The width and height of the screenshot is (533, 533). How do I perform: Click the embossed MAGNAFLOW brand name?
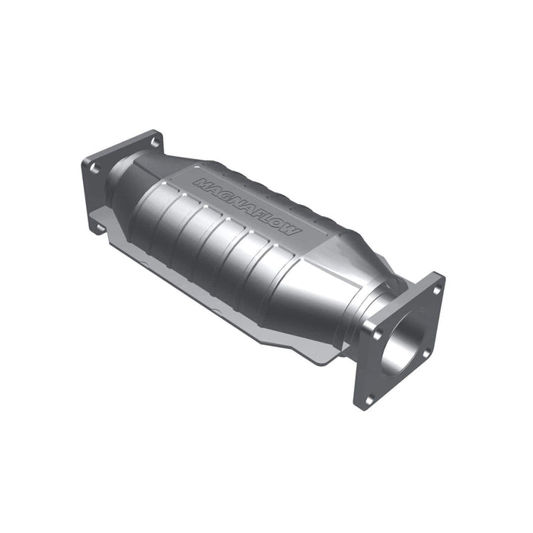[x=248, y=206]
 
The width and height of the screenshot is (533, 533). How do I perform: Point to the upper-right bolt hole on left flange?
[x=155, y=142]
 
